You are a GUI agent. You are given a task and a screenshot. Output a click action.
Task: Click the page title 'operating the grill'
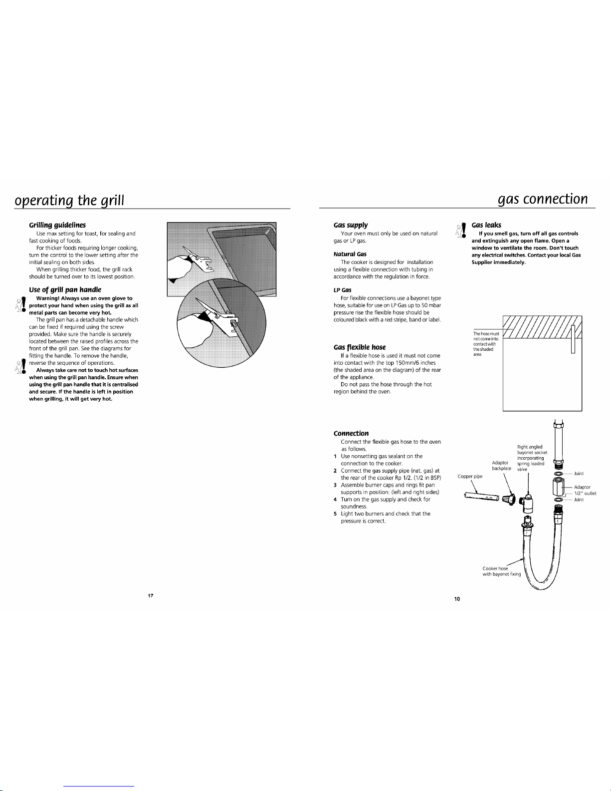pos(69,201)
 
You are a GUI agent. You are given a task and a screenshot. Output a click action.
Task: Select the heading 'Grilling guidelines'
pos(57,226)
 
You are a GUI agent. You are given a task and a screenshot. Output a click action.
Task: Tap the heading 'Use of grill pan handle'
pos(65,289)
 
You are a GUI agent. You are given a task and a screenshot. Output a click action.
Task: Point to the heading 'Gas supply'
pos(351,226)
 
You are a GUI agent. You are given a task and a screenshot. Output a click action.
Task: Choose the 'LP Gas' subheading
pos(342,290)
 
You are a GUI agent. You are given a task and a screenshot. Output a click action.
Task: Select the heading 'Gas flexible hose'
pos(359,347)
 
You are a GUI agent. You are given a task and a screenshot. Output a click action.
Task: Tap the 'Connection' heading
pos(351,433)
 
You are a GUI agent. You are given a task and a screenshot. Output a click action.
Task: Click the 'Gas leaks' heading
pos(486,226)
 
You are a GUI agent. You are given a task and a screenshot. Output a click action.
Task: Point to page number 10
pos(457,599)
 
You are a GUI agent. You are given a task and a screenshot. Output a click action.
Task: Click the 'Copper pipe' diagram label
pos(470,477)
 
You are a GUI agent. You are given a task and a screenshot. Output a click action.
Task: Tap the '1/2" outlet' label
pos(585,494)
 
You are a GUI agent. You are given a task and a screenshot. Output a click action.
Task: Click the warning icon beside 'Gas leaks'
pos(461,230)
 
